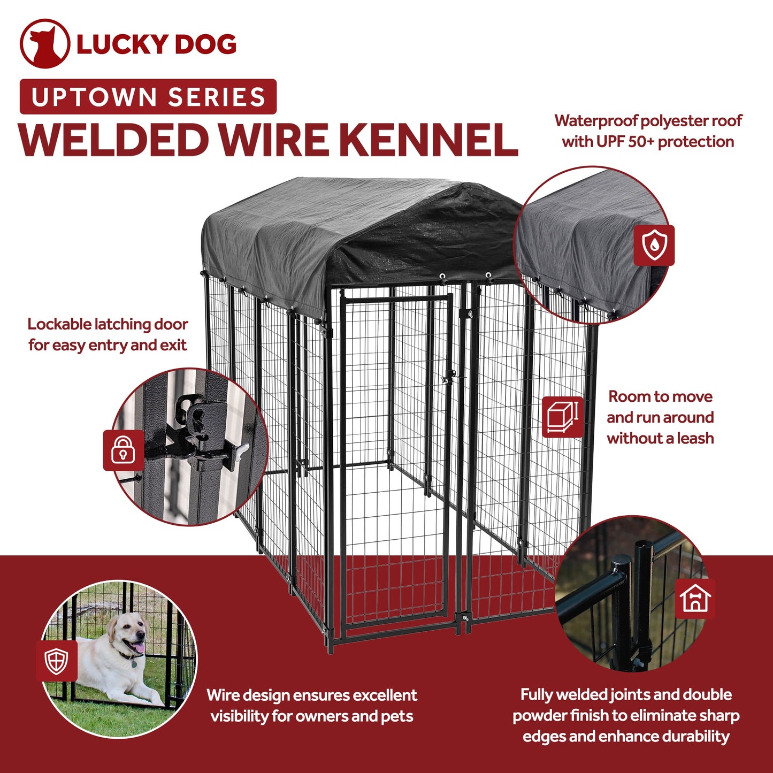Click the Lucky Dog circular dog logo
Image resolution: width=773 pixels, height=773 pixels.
click(x=44, y=44)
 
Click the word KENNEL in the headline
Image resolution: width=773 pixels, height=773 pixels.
click(x=428, y=140)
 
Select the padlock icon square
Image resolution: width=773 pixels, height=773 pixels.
click(x=124, y=450)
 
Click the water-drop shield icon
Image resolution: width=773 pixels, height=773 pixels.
click(x=654, y=246)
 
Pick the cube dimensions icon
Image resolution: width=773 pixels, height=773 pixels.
click(x=562, y=417)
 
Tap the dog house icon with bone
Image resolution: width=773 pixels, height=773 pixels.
click(x=695, y=599)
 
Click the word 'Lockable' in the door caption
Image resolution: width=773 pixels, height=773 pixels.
click(x=59, y=325)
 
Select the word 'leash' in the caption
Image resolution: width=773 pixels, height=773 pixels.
click(x=695, y=438)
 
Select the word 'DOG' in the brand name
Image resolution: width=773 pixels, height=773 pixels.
click(x=205, y=44)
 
